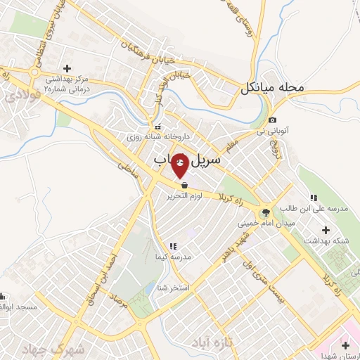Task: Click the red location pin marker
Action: (x=180, y=165)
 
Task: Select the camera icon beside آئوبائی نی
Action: (x=273, y=121)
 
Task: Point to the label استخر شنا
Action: (x=171, y=288)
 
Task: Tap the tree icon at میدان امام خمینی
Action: (x=266, y=212)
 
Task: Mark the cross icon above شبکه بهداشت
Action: (x=325, y=229)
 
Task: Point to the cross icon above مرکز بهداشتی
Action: (x=67, y=68)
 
